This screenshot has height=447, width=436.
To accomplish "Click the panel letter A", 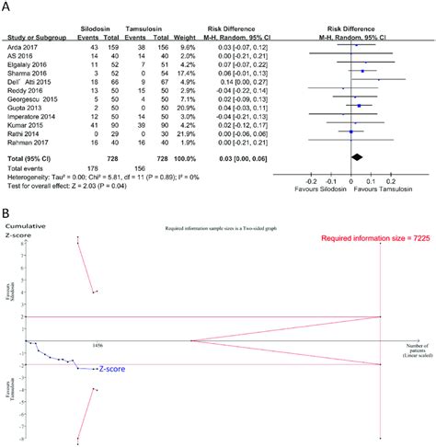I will pos(6,7).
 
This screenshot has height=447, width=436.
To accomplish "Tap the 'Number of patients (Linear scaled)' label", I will pos(404,350).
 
